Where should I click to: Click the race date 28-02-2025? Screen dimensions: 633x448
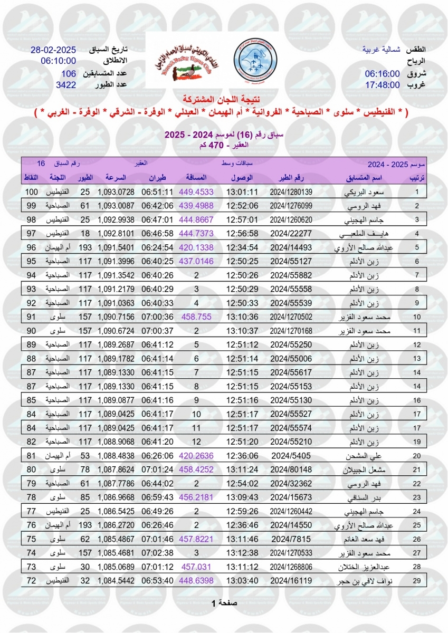[53, 50]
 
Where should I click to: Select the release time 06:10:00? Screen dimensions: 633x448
[58, 61]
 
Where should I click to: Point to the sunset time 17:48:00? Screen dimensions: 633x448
[382, 84]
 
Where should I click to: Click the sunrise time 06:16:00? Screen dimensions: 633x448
[382, 73]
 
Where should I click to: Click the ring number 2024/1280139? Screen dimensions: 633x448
[291, 192]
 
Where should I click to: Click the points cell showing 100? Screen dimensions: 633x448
[32, 192]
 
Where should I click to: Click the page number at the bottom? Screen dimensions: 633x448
[224, 602]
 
